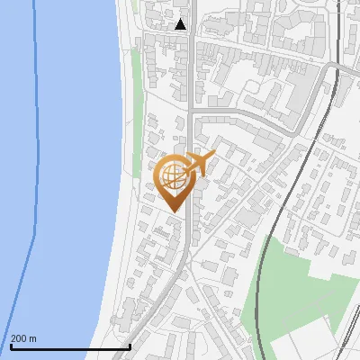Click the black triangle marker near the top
[181, 24]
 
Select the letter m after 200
[32, 338]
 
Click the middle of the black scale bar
[70, 346]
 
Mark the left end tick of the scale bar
[11, 345]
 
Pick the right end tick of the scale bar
[130, 345]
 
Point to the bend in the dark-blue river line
[35, 236]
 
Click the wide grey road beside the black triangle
[192, 54]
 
